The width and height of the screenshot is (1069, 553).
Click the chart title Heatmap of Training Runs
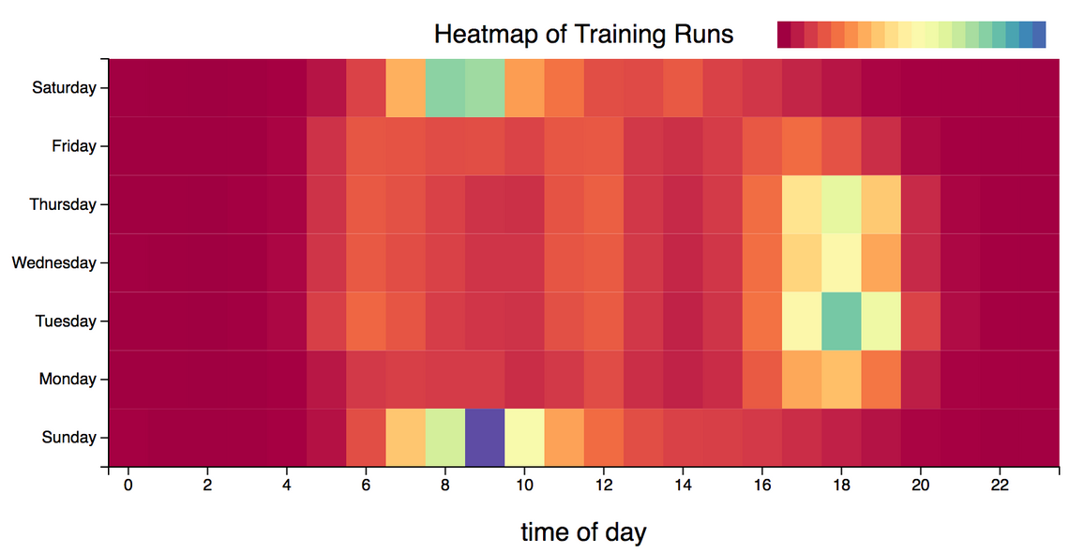click(583, 35)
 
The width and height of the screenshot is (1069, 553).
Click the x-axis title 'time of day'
click(583, 532)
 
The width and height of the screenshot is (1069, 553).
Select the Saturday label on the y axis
click(64, 88)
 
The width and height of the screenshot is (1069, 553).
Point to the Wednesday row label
click(53, 262)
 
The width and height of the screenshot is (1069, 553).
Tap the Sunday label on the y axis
click(68, 437)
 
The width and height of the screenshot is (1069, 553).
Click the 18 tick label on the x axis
click(841, 486)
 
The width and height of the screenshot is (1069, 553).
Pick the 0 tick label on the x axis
click(128, 486)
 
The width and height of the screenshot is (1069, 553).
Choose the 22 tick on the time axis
click(1000, 486)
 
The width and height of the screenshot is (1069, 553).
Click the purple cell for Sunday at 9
click(485, 437)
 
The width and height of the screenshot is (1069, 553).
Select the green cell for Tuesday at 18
click(841, 321)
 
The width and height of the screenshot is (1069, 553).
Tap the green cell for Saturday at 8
click(445, 88)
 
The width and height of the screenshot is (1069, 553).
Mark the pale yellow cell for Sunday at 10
click(524, 437)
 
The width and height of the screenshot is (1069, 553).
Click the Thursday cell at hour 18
click(841, 204)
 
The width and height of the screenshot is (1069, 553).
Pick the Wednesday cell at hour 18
click(841, 262)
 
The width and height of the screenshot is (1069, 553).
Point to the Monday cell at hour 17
click(802, 379)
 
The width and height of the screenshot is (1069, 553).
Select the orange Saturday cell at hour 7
click(405, 88)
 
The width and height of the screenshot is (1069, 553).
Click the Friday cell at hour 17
click(802, 146)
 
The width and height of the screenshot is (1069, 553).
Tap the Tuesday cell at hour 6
click(366, 321)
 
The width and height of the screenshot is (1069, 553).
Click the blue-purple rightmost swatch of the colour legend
click(1039, 35)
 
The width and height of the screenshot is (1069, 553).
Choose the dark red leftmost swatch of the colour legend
click(784, 35)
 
